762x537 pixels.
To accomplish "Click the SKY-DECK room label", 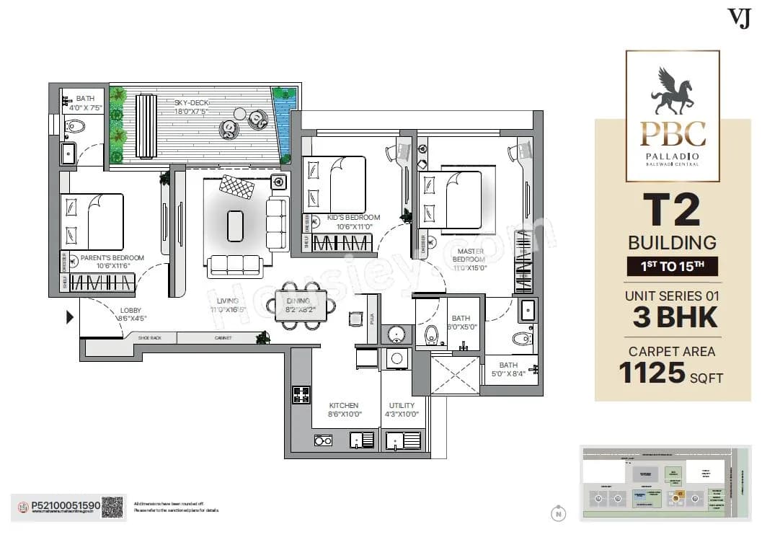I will tap(191, 102).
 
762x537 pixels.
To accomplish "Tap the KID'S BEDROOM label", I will tap(353, 218).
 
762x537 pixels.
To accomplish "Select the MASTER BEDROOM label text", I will tap(469, 254).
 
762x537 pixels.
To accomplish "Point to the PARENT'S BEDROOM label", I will tap(112, 257).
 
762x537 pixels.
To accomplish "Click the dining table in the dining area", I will tap(301, 305).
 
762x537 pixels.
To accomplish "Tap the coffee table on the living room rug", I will tap(235, 226).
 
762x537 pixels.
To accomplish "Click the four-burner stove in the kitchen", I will tap(301, 394).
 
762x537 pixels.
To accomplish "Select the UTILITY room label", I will tap(402, 406).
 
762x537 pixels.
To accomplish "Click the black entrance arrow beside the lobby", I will tap(70, 316).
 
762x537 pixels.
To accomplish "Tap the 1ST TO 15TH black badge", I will tap(672, 266).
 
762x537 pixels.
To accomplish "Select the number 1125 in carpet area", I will tap(651, 373).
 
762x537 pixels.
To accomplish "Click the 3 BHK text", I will tap(674, 317).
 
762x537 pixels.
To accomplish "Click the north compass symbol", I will tap(557, 514).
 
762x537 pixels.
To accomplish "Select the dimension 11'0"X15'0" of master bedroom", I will tap(469, 267).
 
